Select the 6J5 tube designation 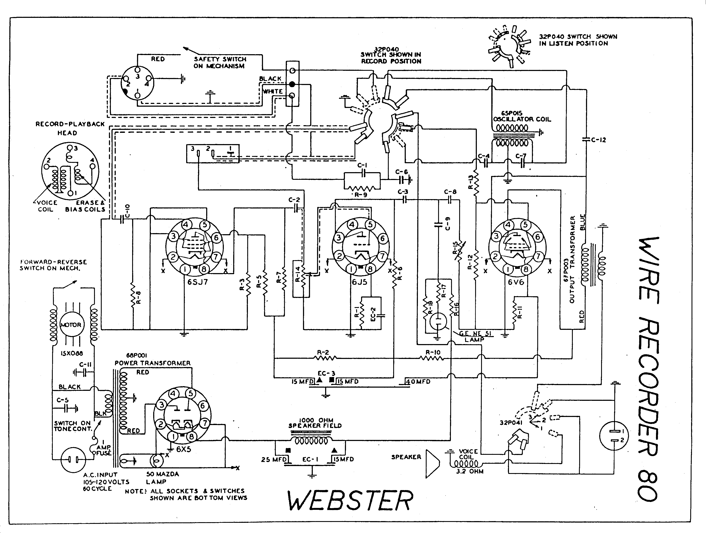click(x=359, y=282)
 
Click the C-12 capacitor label click(x=598, y=140)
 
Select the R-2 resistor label click(x=323, y=353)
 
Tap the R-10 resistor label click(x=433, y=353)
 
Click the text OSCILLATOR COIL click(x=522, y=119)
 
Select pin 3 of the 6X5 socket click(x=161, y=405)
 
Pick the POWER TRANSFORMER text click(x=153, y=363)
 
